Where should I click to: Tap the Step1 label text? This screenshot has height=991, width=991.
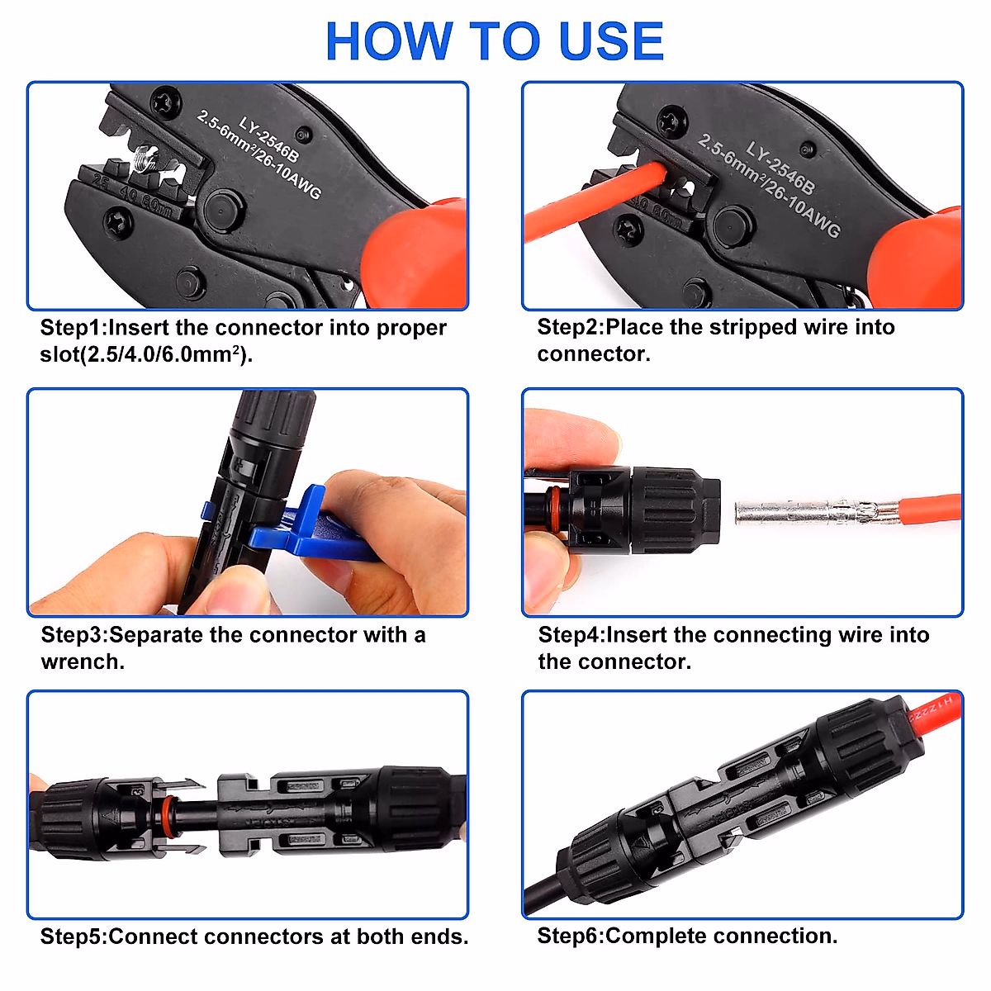(x=73, y=328)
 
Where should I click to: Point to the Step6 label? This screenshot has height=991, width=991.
(x=569, y=936)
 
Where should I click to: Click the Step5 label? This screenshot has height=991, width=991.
(x=73, y=936)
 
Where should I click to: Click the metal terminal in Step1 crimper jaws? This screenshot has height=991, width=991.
(x=147, y=158)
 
